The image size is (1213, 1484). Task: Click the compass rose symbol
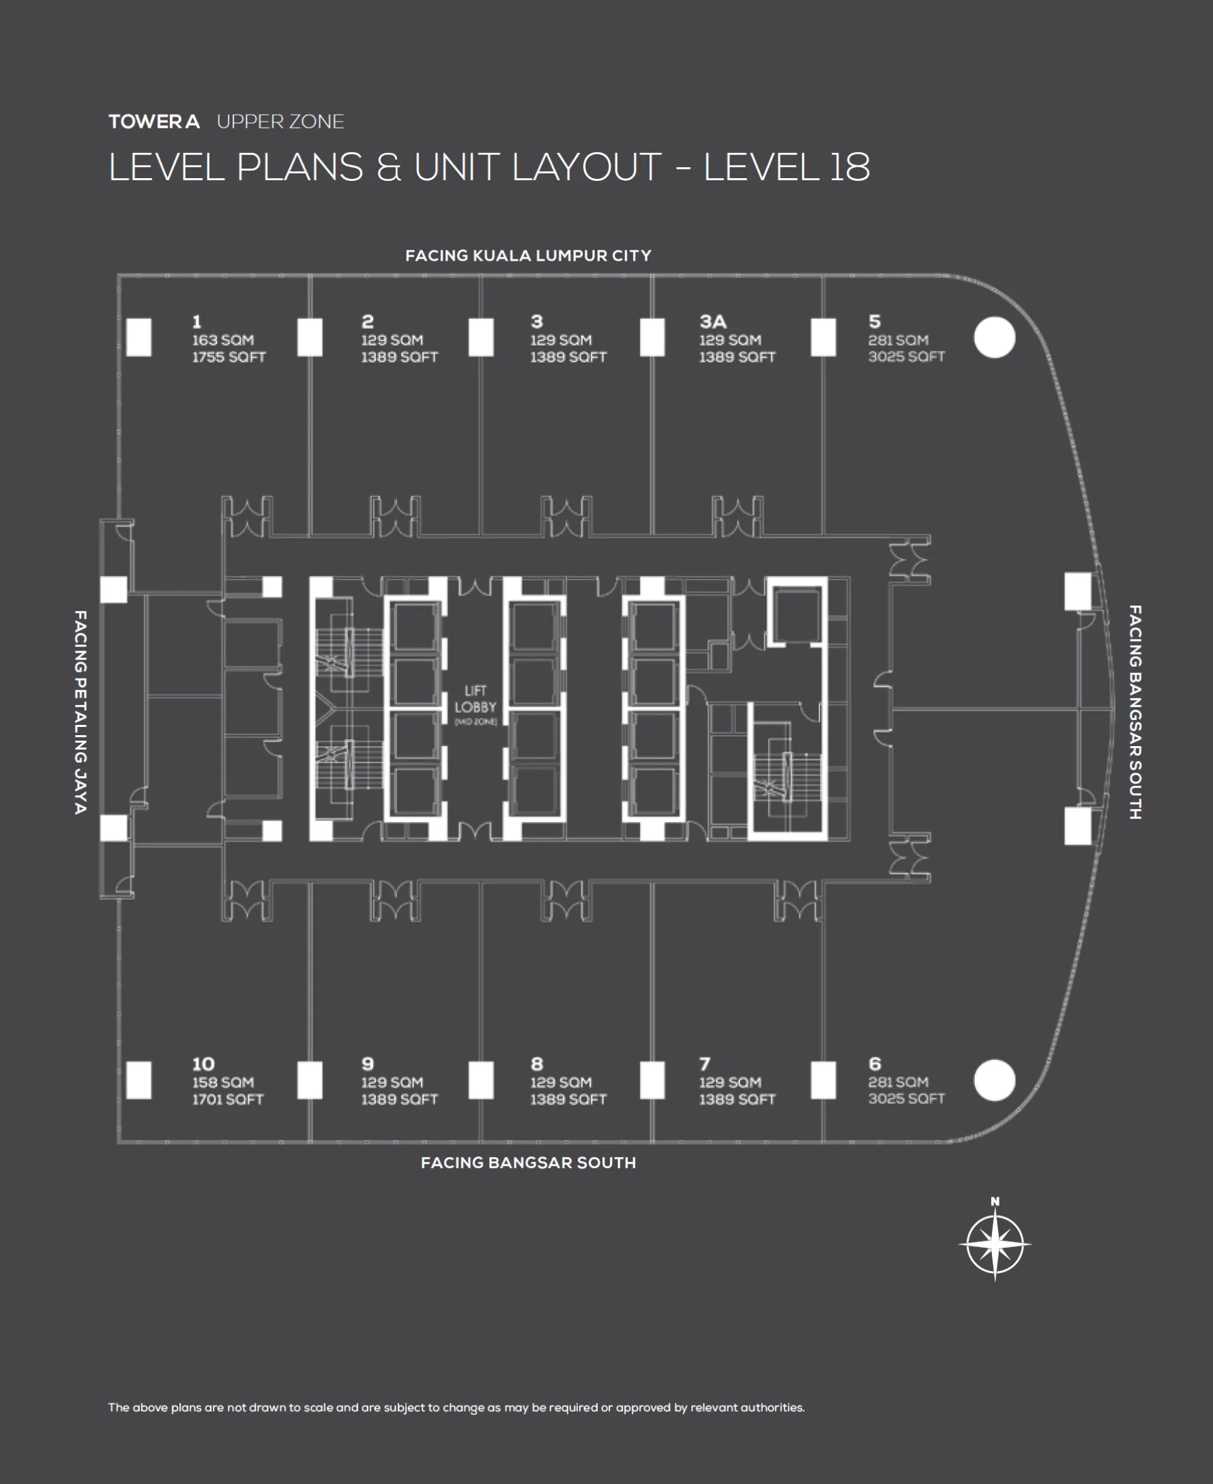tap(994, 1244)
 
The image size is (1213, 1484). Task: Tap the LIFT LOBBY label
tap(475, 700)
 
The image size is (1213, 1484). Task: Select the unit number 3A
tap(713, 322)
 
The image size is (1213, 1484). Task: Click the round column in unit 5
tap(993, 338)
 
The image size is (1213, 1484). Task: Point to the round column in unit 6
tap(993, 1080)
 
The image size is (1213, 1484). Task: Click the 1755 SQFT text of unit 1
tap(229, 357)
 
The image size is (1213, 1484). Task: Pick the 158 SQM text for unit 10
tap(223, 1082)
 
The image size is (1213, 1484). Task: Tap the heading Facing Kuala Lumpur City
tap(528, 256)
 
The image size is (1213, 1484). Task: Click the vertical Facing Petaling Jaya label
tap(81, 711)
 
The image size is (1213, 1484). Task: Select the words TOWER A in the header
tap(154, 122)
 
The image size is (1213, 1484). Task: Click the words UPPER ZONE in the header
tap(280, 122)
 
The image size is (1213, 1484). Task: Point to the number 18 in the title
tap(849, 168)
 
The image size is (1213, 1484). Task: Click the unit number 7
tap(705, 1064)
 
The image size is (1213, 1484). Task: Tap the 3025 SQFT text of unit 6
tap(906, 1099)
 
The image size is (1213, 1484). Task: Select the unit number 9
tap(368, 1064)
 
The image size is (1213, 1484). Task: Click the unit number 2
tap(368, 322)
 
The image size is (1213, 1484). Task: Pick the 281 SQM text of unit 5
tap(898, 340)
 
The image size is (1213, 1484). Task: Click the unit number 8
tap(537, 1064)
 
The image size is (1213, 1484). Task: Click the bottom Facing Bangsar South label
tap(528, 1162)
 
